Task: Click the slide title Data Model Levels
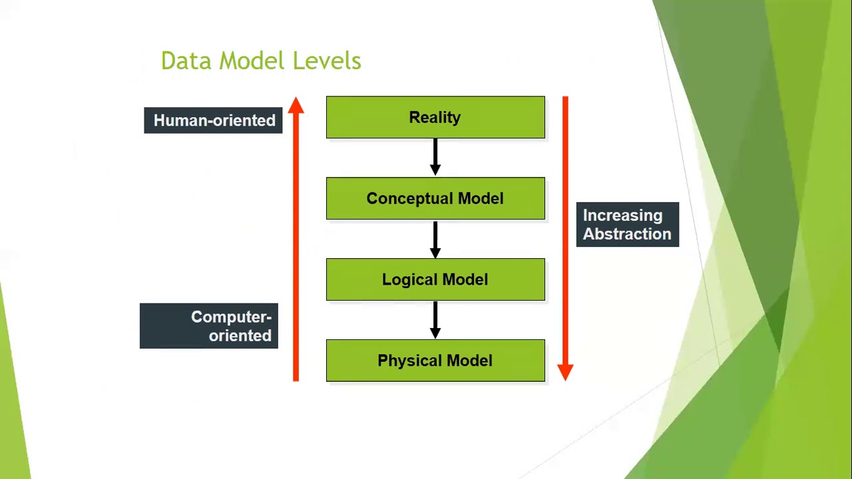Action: point(261,61)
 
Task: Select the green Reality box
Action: point(435,118)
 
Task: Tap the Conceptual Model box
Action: point(435,199)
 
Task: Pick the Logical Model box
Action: point(435,280)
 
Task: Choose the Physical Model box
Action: point(435,361)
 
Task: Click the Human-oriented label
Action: point(214,120)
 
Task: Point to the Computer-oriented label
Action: point(209,326)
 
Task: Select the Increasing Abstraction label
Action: point(627,225)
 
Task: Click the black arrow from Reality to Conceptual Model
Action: point(435,157)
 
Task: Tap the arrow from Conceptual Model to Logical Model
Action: point(435,238)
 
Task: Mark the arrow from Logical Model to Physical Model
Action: point(435,319)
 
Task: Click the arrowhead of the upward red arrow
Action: point(296,106)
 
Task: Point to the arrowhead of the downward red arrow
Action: point(565,371)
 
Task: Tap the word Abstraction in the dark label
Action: point(627,234)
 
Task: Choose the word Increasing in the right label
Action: point(622,216)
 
